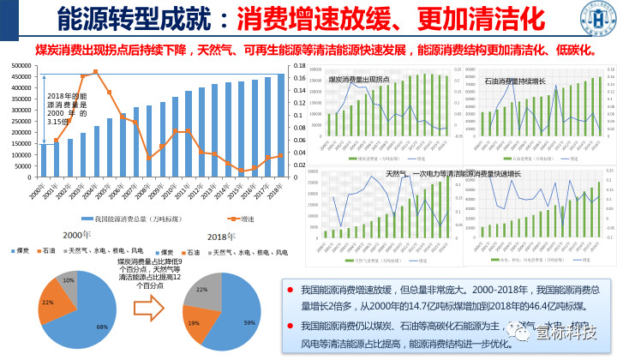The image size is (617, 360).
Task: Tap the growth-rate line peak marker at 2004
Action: click(x=95, y=72)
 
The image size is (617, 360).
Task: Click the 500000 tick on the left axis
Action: click(x=24, y=65)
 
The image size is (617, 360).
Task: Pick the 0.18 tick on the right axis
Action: click(x=299, y=65)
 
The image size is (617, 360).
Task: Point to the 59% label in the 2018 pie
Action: click(x=249, y=321)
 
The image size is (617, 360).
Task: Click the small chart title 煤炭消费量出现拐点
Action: click(x=358, y=79)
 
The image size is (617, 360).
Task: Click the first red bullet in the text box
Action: click(x=291, y=291)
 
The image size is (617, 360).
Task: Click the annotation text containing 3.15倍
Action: click(x=66, y=109)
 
